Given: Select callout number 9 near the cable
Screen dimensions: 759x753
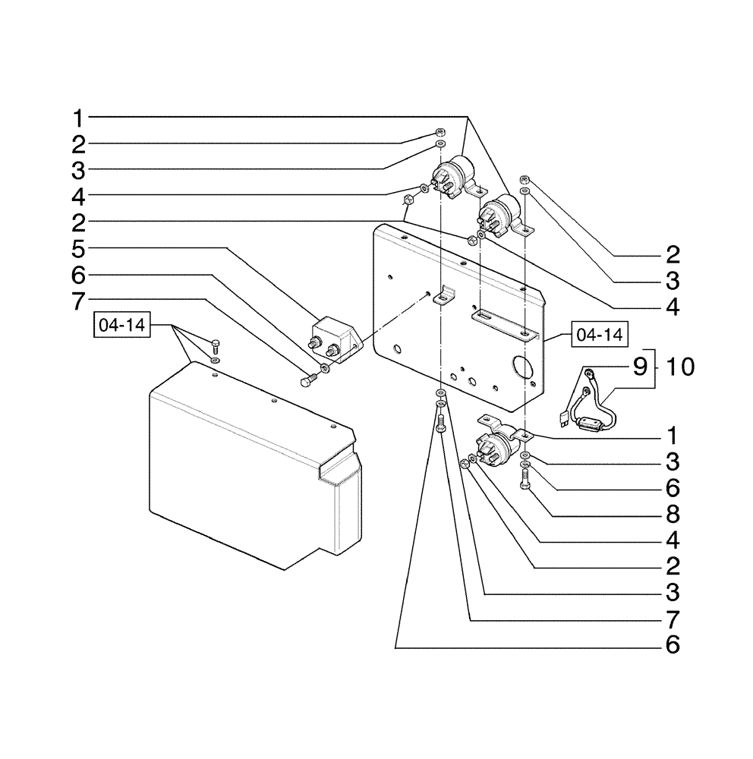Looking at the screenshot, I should tap(640, 367).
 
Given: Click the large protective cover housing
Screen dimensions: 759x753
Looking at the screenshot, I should tap(250, 463).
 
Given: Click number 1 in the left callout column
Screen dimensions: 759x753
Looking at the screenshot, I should tap(79, 118).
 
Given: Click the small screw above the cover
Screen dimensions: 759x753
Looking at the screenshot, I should tap(215, 346).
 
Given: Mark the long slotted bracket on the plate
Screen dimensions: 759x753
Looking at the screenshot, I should tap(503, 323).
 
